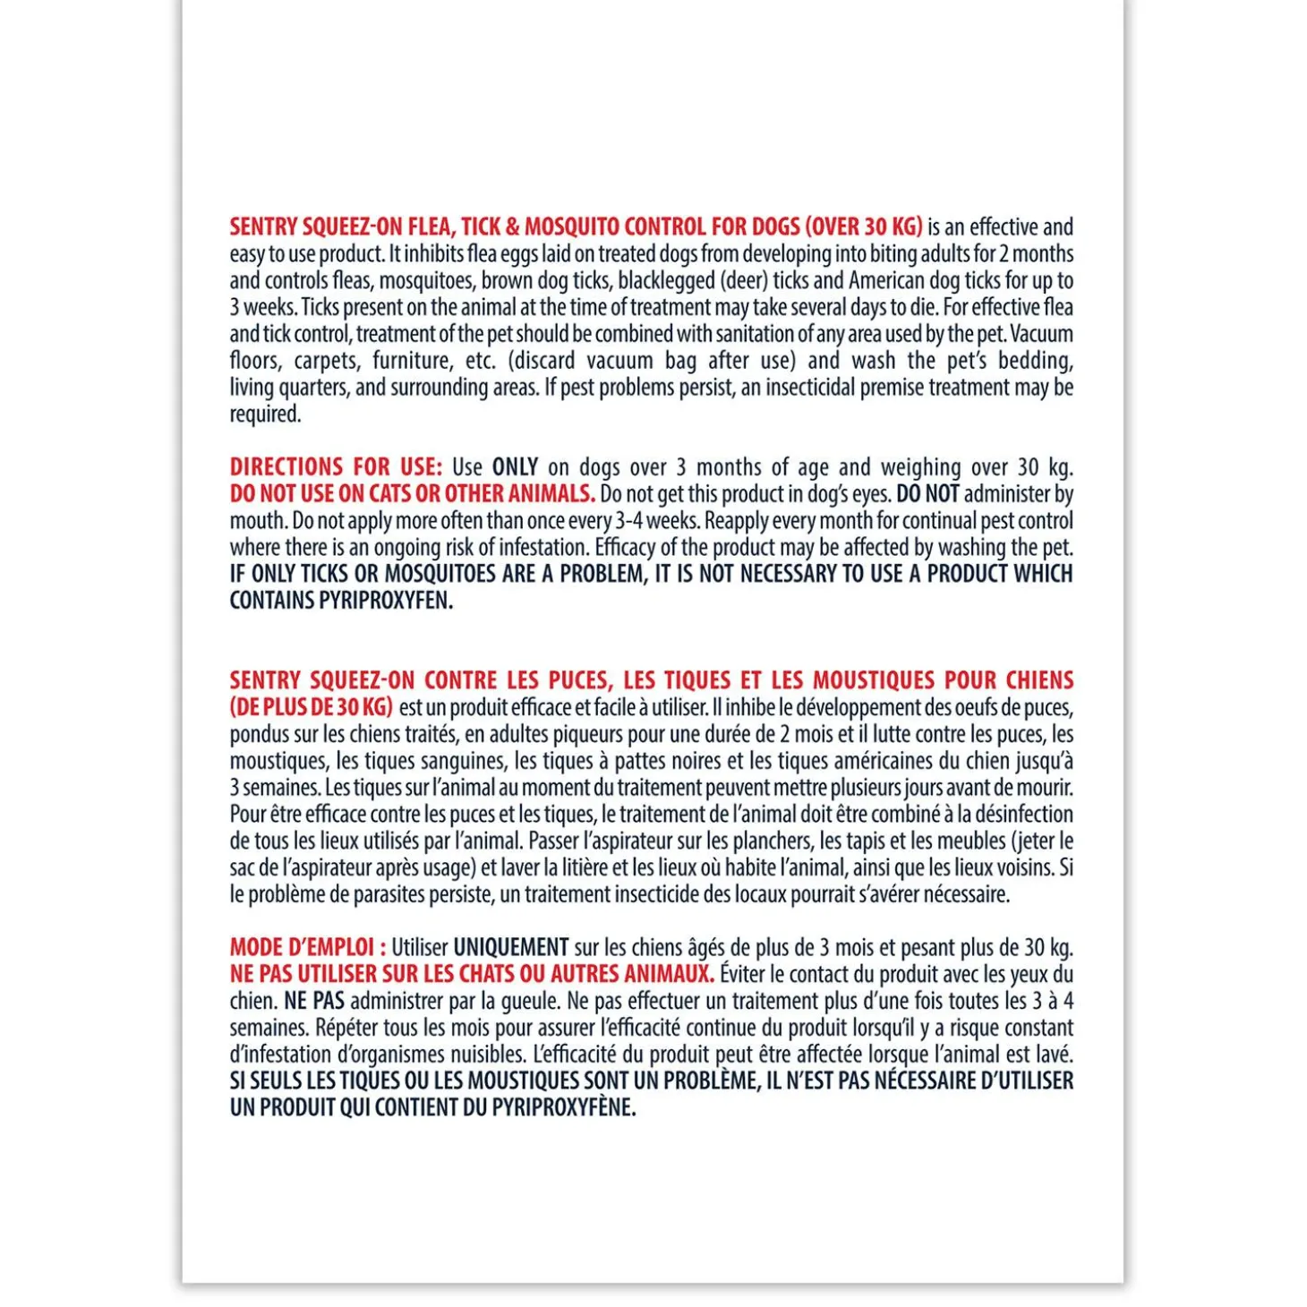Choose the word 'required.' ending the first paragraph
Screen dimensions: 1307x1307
pyautogui.click(x=266, y=414)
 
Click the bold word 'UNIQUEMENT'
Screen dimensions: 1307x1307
pyautogui.click(x=511, y=947)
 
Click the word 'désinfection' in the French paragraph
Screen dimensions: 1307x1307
pyautogui.click(x=1023, y=815)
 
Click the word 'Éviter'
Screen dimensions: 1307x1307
pyautogui.click(x=742, y=974)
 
